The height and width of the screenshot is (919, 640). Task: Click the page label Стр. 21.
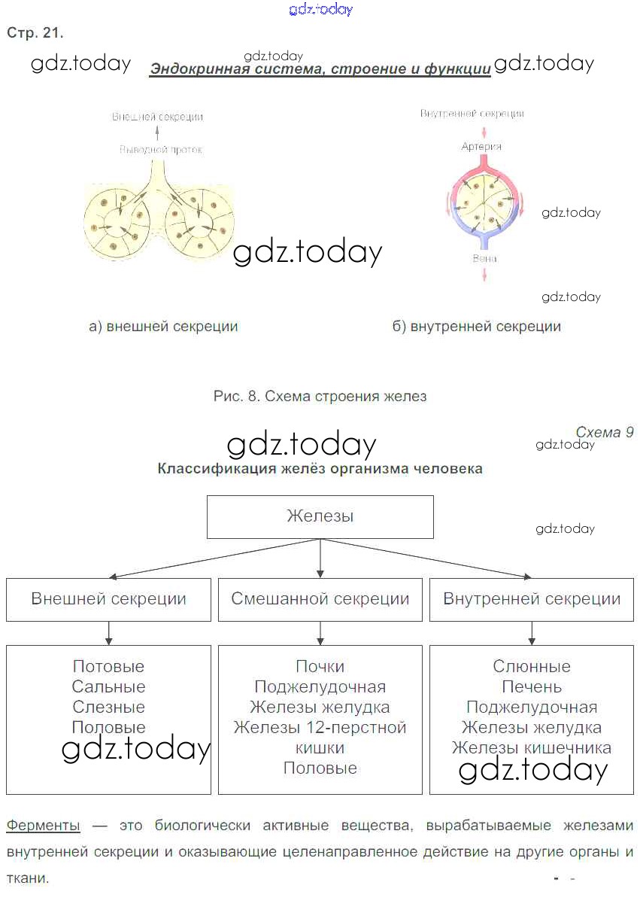click(x=35, y=33)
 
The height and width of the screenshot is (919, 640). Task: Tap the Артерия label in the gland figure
click(x=481, y=147)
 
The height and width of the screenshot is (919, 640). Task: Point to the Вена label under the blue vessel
click(x=484, y=258)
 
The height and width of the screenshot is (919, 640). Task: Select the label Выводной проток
click(x=161, y=150)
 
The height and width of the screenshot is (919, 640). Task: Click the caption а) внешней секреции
click(x=163, y=327)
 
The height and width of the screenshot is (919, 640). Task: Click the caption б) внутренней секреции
click(x=476, y=327)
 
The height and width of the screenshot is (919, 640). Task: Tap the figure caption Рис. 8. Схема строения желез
click(x=320, y=396)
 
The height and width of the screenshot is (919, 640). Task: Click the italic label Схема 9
click(x=604, y=432)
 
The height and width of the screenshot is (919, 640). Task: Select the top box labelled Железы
click(x=320, y=516)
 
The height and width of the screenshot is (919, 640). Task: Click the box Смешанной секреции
click(x=320, y=599)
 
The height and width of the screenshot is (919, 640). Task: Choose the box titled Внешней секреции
click(x=108, y=599)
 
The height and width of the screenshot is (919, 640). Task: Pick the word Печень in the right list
click(x=532, y=686)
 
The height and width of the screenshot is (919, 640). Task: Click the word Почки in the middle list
click(x=320, y=666)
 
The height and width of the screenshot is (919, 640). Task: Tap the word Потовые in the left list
click(x=108, y=666)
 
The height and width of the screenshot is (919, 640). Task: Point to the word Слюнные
click(x=532, y=666)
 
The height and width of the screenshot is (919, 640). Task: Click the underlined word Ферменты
click(x=43, y=826)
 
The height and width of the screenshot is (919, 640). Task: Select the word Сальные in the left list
click(x=108, y=686)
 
